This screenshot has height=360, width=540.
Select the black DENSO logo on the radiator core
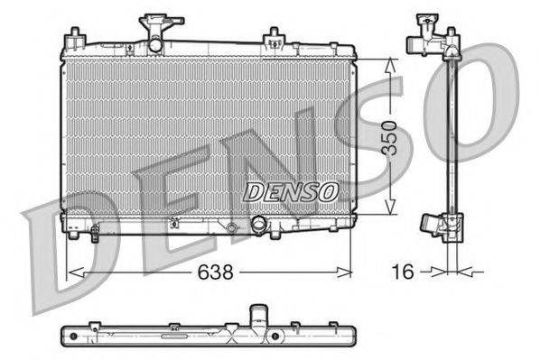click(x=292, y=191)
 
